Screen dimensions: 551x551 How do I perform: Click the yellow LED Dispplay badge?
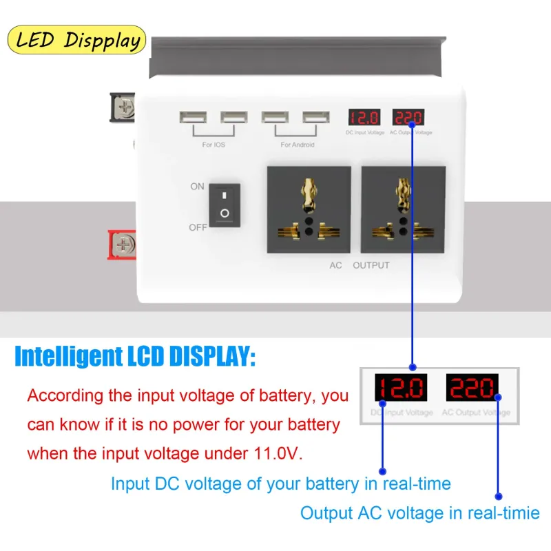tap(76, 39)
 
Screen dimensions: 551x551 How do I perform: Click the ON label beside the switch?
tap(198, 186)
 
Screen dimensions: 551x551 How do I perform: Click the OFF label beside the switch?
tap(198, 227)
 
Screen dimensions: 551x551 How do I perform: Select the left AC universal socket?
tap(309, 209)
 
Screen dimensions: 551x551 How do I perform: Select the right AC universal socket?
tap(403, 209)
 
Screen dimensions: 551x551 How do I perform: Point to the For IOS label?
tap(214, 145)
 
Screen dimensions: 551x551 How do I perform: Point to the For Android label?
tap(298, 145)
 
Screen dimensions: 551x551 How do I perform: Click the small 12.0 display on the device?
tap(364, 117)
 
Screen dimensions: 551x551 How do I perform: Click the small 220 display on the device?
tap(408, 117)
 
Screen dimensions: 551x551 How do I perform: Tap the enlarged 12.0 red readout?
tap(401, 388)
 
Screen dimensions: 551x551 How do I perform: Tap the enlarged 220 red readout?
tap(472, 388)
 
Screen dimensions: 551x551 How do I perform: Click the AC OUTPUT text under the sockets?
tap(360, 265)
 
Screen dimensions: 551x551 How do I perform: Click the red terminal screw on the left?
tap(124, 244)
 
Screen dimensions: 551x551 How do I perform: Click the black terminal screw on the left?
tap(124, 107)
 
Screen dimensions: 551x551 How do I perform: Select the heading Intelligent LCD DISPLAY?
tap(135, 357)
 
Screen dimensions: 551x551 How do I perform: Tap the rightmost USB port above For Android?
tap(315, 118)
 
